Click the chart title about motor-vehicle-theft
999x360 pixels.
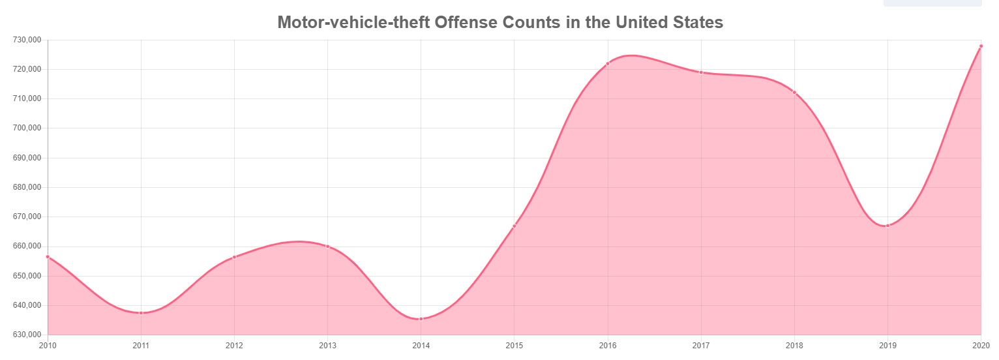(x=500, y=23)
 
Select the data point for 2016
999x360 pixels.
(x=608, y=64)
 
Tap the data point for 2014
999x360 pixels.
(x=421, y=319)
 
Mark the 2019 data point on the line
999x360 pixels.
(x=887, y=226)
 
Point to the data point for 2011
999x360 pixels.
(x=141, y=313)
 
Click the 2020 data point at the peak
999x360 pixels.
(x=981, y=46)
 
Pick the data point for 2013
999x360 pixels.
(x=327, y=247)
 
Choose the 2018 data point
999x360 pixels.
(x=794, y=93)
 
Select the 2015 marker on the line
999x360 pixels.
(x=514, y=226)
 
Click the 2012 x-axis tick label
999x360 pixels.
(x=234, y=344)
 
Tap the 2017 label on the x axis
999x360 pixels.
(x=701, y=344)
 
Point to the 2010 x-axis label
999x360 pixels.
(x=48, y=344)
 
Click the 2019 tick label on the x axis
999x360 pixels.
(x=887, y=344)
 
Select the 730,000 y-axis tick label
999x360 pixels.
(x=27, y=40)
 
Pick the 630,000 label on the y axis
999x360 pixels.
(x=27, y=335)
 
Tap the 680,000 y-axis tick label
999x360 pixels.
(x=27, y=188)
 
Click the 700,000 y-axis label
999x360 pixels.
(x=27, y=128)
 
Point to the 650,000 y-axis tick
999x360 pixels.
(x=27, y=277)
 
